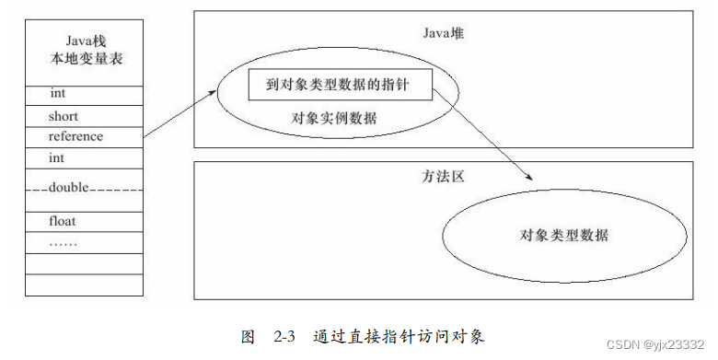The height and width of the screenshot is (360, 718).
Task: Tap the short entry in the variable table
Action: [64, 116]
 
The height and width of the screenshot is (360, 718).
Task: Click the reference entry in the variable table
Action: [76, 136]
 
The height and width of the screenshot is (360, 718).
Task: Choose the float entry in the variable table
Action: [64, 221]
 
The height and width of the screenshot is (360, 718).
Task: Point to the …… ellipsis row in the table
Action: [64, 243]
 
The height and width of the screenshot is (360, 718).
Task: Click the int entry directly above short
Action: [58, 94]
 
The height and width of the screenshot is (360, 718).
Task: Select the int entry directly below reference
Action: [58, 158]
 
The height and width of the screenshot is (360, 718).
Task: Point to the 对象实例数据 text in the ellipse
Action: [333, 119]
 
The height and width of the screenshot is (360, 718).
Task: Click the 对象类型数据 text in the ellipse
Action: [563, 235]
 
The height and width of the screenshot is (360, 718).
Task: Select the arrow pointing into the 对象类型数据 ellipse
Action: [488, 138]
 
